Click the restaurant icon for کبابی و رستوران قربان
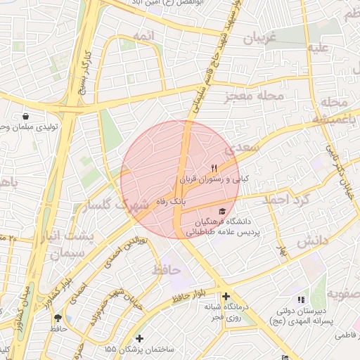[214, 169]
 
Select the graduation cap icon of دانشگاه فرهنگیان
[223, 210]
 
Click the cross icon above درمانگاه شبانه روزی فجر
[226, 296]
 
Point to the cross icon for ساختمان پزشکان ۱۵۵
[139, 338]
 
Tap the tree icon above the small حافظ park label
[57, 318]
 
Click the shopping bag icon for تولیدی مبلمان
[26, 116]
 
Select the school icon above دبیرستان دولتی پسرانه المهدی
[302, 300]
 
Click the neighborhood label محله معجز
[255, 96]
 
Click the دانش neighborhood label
[312, 241]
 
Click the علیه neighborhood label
[317, 49]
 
